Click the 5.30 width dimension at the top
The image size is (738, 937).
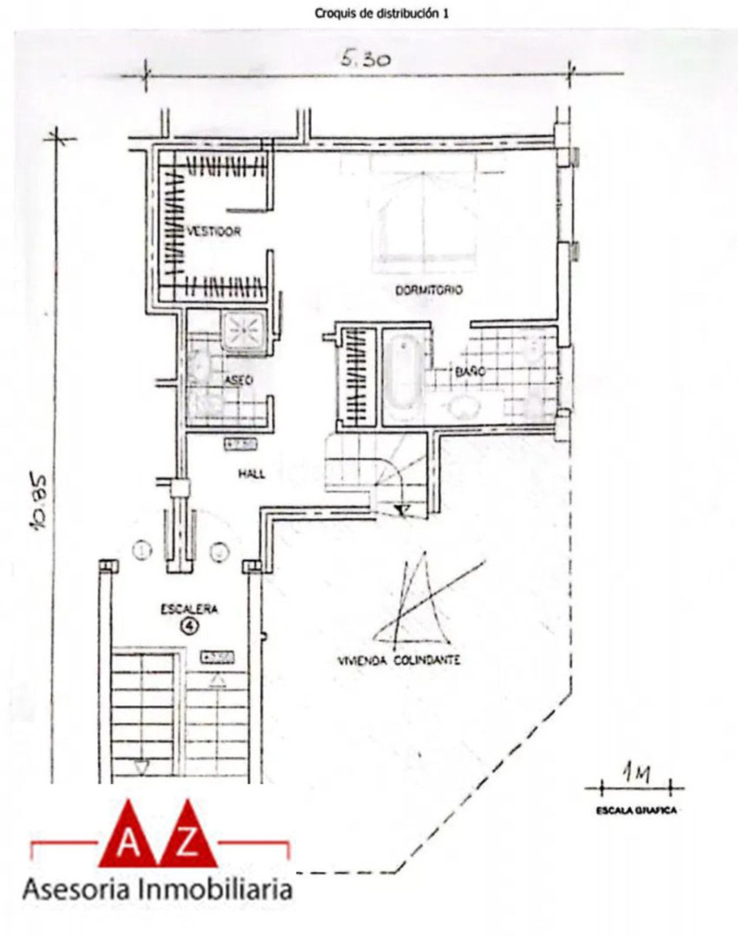(x=365, y=60)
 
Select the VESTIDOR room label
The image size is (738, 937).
(x=213, y=232)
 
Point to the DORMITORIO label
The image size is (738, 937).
(x=429, y=290)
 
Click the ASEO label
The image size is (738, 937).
(x=238, y=381)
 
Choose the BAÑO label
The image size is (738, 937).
(x=470, y=371)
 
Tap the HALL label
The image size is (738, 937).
(x=252, y=473)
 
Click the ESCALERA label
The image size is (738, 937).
(x=189, y=609)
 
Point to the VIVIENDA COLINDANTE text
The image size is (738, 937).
(x=399, y=660)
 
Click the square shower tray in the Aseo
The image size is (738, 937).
(x=244, y=331)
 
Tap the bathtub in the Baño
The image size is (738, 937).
(x=402, y=376)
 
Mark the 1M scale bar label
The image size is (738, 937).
(x=636, y=773)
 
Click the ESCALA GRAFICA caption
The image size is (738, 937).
(x=636, y=810)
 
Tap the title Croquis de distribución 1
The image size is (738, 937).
(x=381, y=13)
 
